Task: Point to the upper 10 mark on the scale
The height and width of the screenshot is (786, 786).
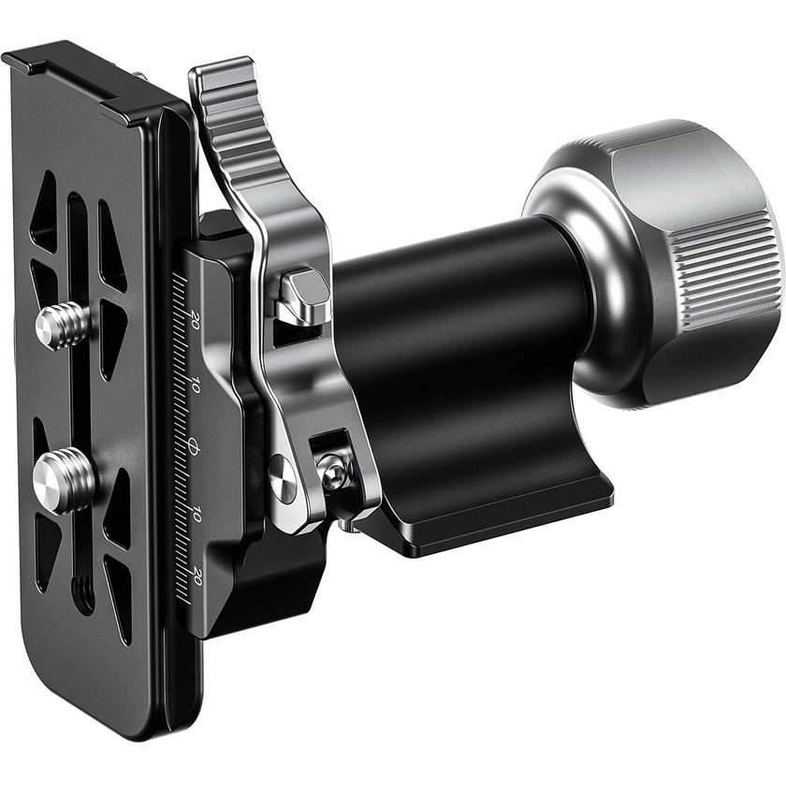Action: tap(195, 385)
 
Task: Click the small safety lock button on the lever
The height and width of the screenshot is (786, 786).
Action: tap(305, 288)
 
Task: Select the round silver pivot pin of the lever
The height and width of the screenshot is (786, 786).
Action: tap(283, 477)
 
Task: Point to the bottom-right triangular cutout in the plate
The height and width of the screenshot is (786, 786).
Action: tap(119, 599)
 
